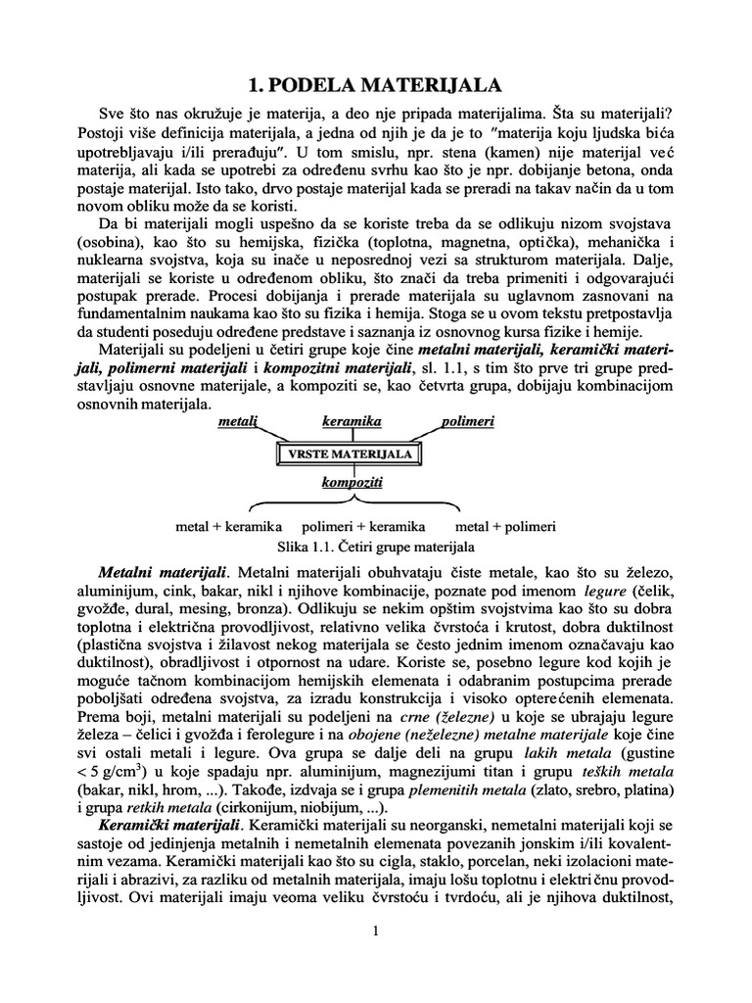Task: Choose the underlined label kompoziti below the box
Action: click(x=352, y=483)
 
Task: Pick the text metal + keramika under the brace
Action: click(x=228, y=526)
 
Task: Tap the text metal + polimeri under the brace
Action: click(x=506, y=526)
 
